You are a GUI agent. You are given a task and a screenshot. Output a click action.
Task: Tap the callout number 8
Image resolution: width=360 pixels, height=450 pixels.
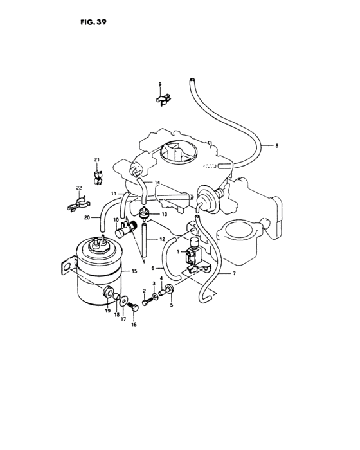[276, 146]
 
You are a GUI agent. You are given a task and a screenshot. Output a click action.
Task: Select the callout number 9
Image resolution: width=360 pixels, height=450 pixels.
[161, 85]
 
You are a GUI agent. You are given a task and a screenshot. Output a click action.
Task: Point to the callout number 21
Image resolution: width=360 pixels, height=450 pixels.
[96, 159]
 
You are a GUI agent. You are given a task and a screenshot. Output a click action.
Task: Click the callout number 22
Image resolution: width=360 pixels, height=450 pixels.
[80, 188]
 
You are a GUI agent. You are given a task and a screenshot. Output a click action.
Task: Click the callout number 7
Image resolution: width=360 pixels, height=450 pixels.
[234, 274]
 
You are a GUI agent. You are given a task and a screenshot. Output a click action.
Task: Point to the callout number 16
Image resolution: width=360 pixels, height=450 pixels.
[134, 325]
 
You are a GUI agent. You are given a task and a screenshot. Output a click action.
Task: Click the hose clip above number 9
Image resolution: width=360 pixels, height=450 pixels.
[164, 98]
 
